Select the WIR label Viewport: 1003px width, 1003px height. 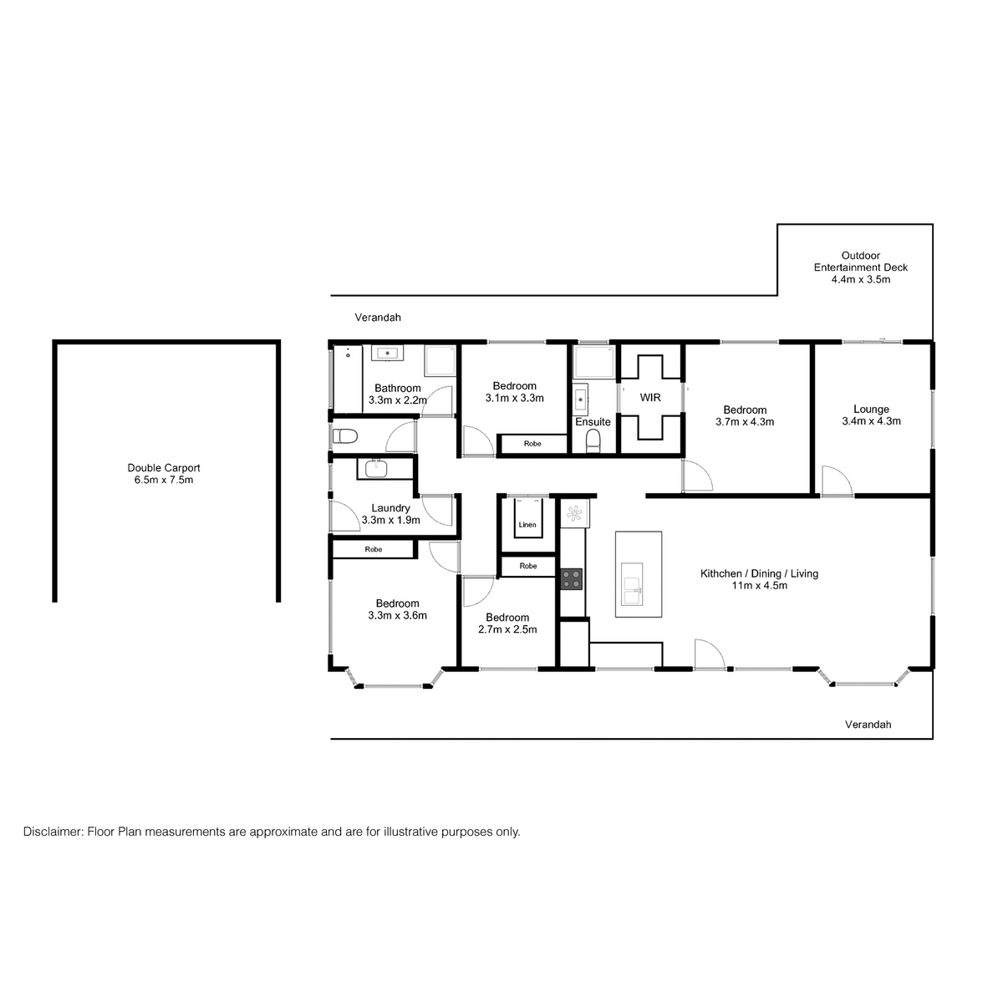click(650, 398)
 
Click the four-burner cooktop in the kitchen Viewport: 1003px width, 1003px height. click(572, 578)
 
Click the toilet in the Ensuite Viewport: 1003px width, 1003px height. click(593, 440)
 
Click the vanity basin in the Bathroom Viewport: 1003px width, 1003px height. click(387, 354)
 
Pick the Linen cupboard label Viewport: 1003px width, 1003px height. click(527, 525)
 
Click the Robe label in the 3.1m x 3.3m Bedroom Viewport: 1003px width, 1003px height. click(532, 444)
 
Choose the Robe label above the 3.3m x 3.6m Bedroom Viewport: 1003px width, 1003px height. click(373, 549)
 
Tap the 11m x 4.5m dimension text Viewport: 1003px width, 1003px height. click(758, 586)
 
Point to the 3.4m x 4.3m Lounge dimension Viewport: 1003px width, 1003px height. click(871, 421)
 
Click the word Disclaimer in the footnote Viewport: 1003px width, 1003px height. click(52, 832)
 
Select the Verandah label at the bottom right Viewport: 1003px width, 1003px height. click(868, 725)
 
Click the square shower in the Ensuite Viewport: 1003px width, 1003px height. click(593, 364)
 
